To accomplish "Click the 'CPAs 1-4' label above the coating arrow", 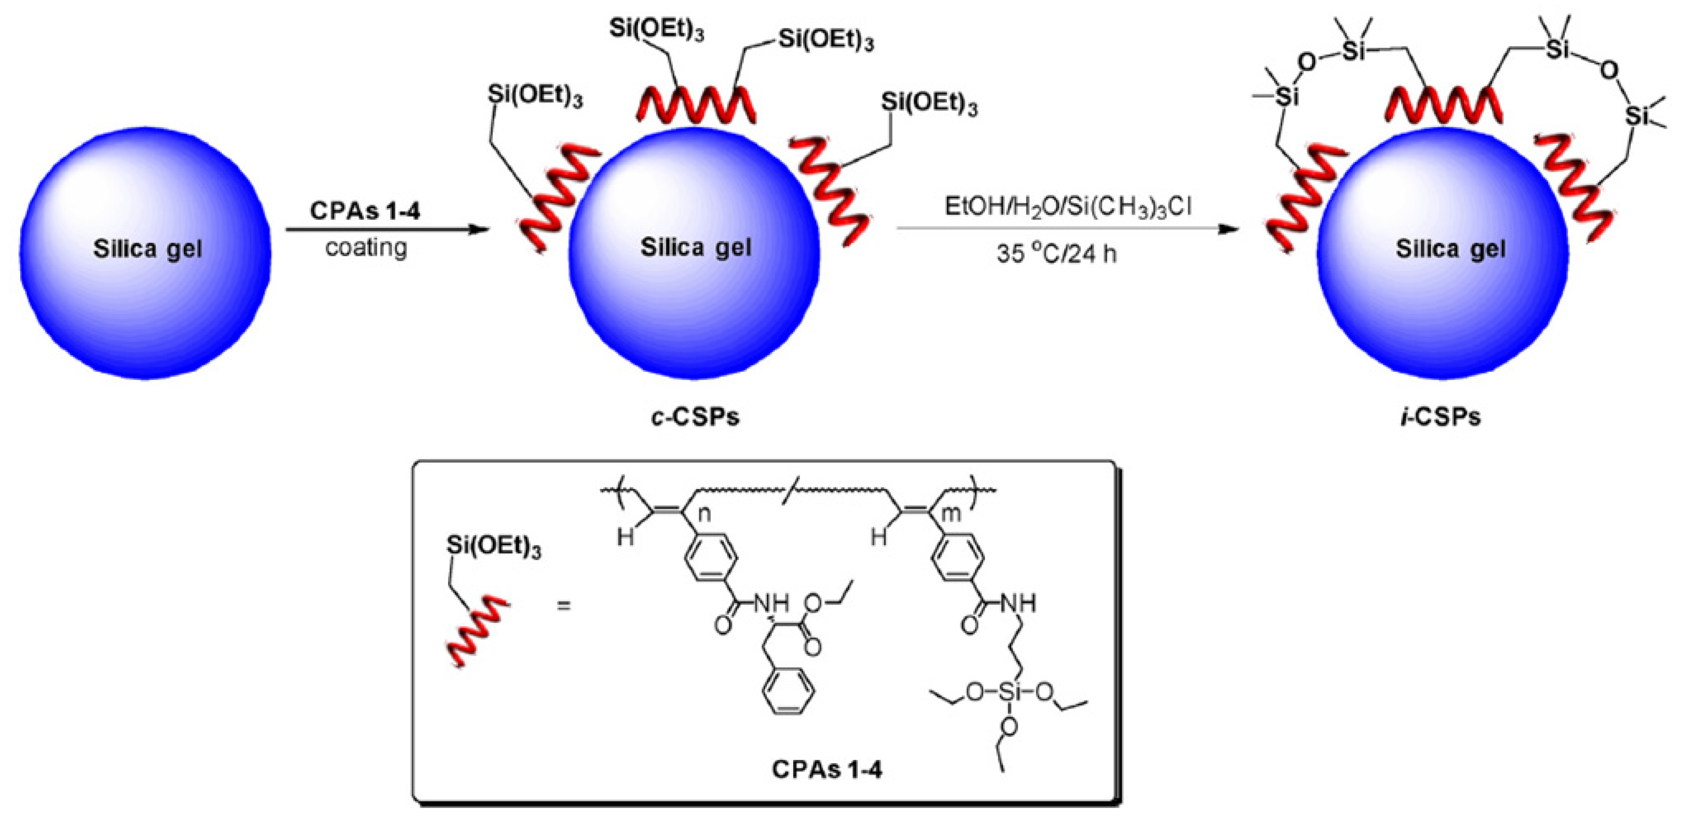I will point(365,211).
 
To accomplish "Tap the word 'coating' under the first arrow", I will point(367,248).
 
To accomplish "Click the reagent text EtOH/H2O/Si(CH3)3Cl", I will point(1067,207).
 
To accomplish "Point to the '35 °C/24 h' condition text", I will point(1056,253).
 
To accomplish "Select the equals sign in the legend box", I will point(563,605).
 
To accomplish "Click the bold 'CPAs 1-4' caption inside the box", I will point(826,769).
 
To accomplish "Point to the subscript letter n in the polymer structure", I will point(704,514).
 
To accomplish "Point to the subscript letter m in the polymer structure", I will point(952,514).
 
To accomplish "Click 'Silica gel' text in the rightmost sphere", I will point(1450,249).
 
